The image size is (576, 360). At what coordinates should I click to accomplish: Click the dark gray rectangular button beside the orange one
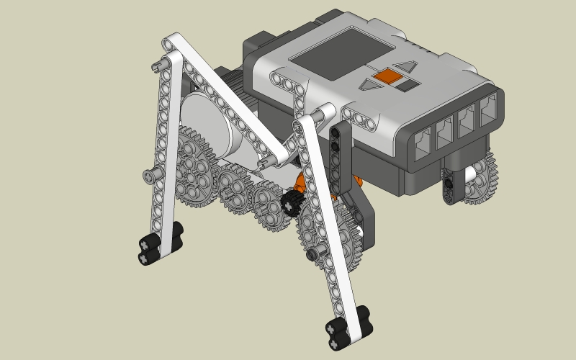(407, 84)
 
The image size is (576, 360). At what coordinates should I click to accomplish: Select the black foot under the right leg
(347, 325)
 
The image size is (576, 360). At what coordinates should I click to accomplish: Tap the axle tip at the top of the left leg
(158, 66)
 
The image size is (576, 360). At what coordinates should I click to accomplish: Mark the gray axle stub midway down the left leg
(149, 175)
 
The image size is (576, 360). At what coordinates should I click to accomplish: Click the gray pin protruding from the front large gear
(311, 254)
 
